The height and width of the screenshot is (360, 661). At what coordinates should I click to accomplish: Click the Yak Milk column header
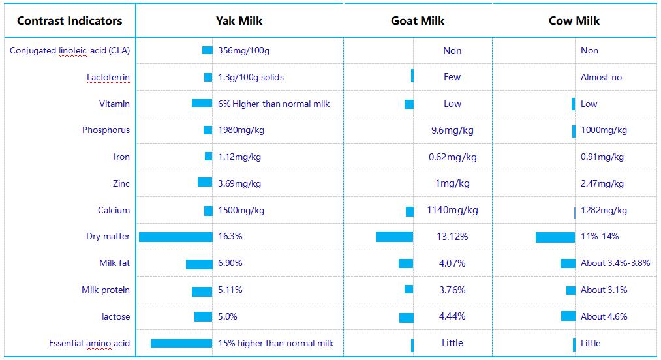pyautogui.click(x=239, y=21)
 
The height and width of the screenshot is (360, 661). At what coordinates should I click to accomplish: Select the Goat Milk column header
pyautogui.click(x=418, y=21)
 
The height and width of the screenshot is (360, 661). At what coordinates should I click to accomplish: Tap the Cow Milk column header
pyautogui.click(x=574, y=21)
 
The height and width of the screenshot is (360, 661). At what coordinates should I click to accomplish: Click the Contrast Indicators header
pyautogui.click(x=69, y=21)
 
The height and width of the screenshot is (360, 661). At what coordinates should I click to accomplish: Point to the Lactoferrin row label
pyautogui.click(x=108, y=77)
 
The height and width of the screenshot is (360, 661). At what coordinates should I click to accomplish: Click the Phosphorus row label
pyautogui.click(x=106, y=130)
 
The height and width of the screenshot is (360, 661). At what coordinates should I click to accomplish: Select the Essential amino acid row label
pyautogui.click(x=89, y=344)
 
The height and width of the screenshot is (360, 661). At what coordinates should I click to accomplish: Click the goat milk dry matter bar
pyautogui.click(x=394, y=237)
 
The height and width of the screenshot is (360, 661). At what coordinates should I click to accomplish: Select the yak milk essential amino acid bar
pyautogui.click(x=181, y=344)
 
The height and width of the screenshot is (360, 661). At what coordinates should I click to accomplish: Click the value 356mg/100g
pyautogui.click(x=243, y=51)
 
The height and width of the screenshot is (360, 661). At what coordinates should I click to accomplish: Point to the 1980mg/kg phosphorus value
pyautogui.click(x=241, y=130)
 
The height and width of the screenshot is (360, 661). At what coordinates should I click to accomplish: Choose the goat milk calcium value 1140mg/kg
pyautogui.click(x=452, y=210)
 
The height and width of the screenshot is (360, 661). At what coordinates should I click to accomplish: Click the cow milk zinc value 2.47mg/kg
pyautogui.click(x=602, y=184)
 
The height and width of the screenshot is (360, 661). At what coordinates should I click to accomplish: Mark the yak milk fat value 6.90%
pyautogui.click(x=230, y=263)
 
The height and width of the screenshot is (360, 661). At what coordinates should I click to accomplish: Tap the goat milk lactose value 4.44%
pyautogui.click(x=452, y=317)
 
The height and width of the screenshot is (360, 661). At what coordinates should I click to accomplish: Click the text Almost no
pyautogui.click(x=601, y=77)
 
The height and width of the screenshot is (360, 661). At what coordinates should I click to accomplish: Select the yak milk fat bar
pyautogui.click(x=199, y=264)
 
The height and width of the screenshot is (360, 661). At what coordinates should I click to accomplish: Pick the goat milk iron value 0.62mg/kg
pyautogui.click(x=452, y=157)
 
